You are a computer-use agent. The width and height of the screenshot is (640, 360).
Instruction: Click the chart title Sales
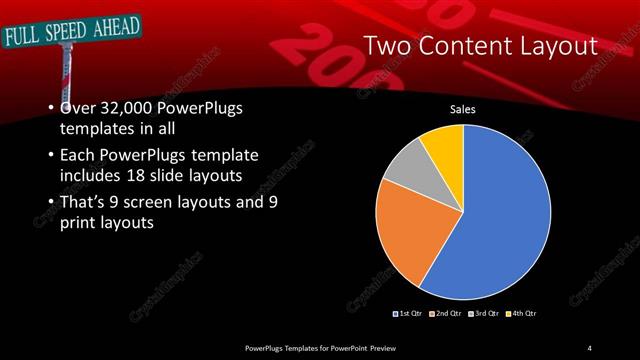click(x=462, y=109)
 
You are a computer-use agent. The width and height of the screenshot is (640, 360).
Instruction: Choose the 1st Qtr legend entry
click(x=409, y=315)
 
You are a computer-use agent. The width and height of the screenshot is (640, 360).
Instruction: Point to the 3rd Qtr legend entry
click(x=484, y=315)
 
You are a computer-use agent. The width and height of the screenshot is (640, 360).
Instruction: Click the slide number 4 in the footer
click(x=590, y=347)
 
